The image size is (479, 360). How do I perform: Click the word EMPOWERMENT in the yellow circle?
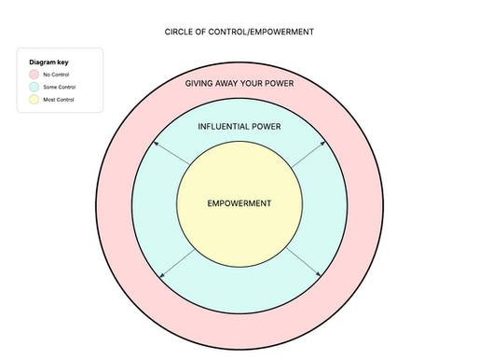click(x=239, y=202)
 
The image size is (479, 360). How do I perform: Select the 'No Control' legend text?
click(x=55, y=74)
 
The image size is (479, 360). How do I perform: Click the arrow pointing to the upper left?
click(x=172, y=155)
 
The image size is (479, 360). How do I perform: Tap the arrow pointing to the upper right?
click(x=307, y=155)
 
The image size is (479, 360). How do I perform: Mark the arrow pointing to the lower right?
click(x=304, y=262)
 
